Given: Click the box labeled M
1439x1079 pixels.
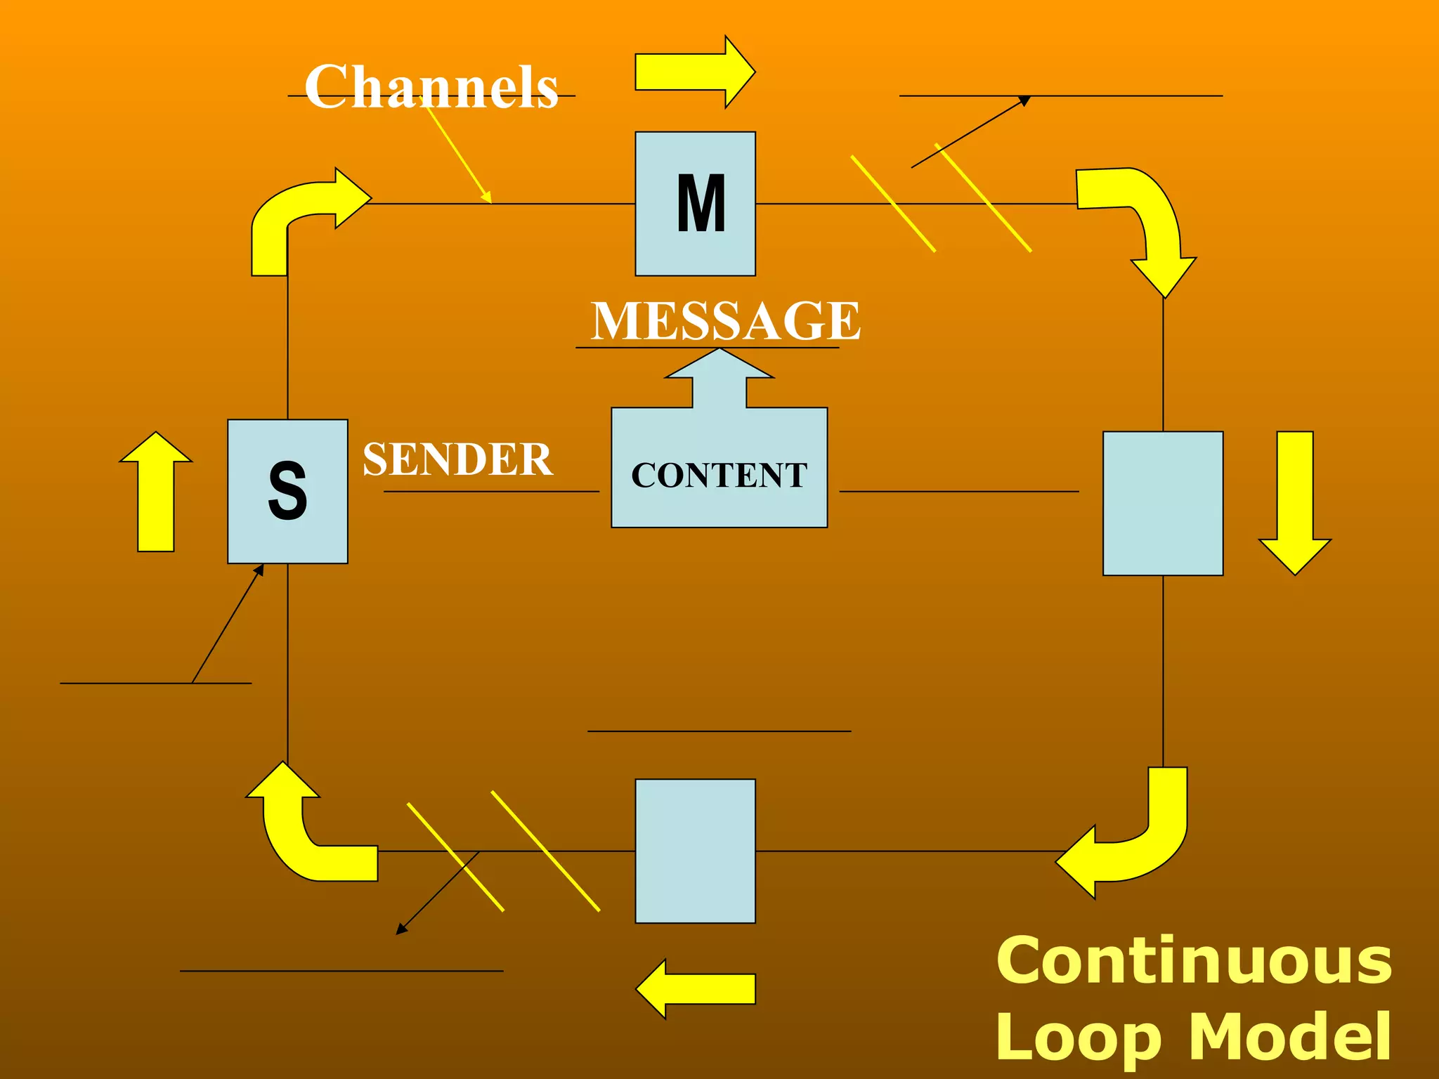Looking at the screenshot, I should point(695,204).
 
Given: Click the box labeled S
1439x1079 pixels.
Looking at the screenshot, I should point(287,491).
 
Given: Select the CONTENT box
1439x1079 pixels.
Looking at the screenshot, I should point(719,474).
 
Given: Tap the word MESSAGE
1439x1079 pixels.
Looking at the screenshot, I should point(725,320).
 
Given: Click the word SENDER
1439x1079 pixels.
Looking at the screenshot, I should point(457,459).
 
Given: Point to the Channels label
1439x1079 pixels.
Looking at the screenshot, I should point(431,86).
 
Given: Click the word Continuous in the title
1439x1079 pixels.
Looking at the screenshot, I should point(1193,961).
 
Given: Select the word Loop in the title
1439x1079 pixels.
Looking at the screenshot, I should point(1079,1037).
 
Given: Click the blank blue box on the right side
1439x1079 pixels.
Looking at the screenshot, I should point(1163,503).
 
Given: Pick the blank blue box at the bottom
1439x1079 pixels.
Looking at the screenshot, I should point(695,851).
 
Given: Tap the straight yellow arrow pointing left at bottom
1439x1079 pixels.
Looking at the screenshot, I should point(696,988).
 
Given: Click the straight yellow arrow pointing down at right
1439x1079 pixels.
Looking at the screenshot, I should point(1295,499).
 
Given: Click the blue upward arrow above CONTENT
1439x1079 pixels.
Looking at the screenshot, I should point(719,379).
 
